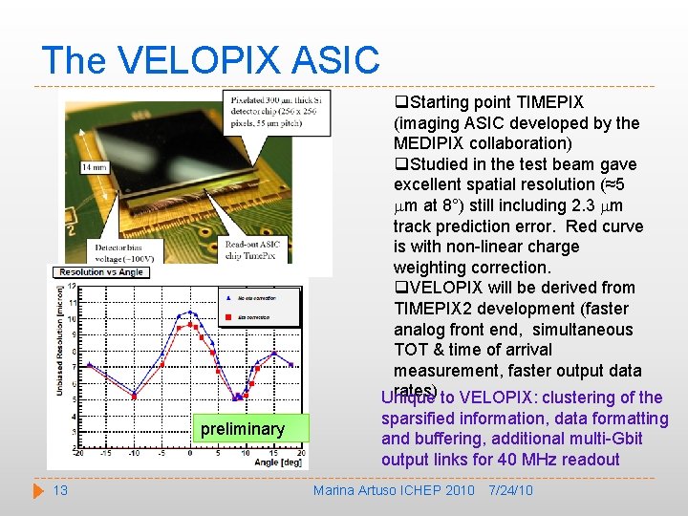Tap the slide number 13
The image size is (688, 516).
(x=59, y=490)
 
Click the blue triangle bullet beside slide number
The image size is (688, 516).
(x=38, y=490)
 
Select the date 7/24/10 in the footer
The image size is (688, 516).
(x=509, y=490)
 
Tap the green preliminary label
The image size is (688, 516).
(x=243, y=429)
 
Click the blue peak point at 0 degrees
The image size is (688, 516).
(x=191, y=312)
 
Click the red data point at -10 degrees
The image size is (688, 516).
(x=134, y=395)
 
